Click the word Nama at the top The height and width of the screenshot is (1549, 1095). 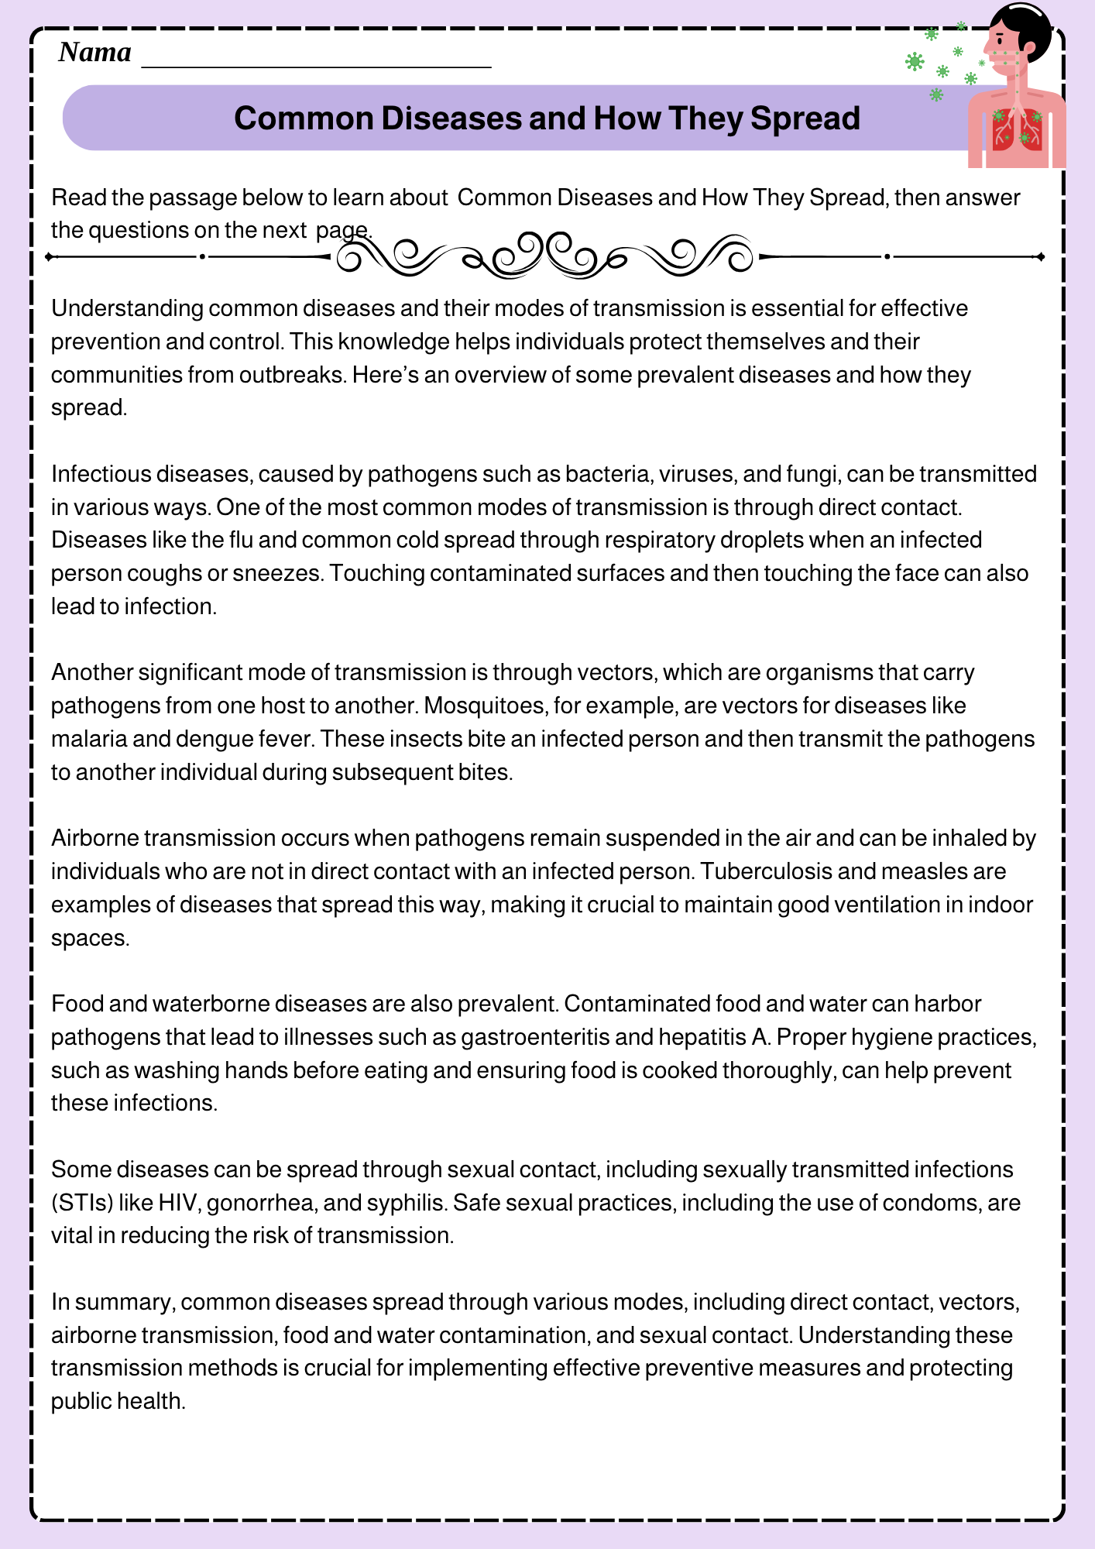click(94, 53)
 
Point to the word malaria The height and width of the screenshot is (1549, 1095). click(88, 739)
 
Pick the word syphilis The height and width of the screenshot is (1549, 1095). click(403, 1203)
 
